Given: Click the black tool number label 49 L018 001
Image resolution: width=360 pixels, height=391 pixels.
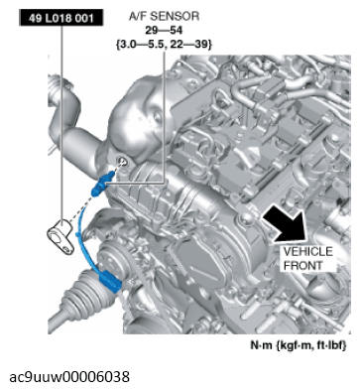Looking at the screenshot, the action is [x=61, y=18].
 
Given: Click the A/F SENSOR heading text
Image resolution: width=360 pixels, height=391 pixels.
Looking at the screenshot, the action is [x=164, y=16].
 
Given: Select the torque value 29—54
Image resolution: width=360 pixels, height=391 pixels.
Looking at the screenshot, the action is [x=164, y=30].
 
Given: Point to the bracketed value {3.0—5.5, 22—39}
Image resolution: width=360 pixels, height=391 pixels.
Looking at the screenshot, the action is [x=164, y=44].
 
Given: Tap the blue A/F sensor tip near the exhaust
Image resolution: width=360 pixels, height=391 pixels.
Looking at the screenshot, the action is [x=101, y=185].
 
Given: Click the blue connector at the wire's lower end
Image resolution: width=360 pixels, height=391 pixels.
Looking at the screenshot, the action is [x=109, y=281].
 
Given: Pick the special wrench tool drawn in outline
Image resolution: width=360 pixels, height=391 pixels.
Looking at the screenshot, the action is [x=62, y=236].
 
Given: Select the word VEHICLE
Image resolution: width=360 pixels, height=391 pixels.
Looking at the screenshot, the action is [x=307, y=252].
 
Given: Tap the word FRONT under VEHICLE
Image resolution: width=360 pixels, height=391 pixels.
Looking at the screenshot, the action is [x=303, y=265].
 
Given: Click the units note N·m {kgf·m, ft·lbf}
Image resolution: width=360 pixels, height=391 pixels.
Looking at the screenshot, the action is [x=299, y=345].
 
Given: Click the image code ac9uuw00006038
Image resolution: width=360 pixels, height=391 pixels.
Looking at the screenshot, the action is [x=69, y=376].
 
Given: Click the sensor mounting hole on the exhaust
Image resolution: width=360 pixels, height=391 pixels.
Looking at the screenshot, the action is [x=123, y=162].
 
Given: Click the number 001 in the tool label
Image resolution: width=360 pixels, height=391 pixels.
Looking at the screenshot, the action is [x=84, y=18].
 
